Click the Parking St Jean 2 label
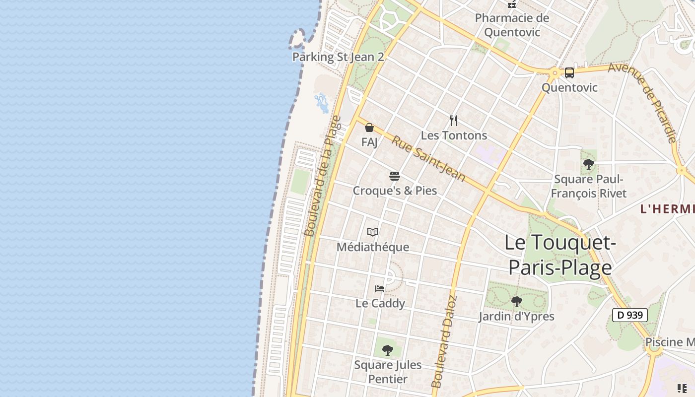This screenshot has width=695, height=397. [338, 57]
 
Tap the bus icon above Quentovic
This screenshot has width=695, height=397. [569, 73]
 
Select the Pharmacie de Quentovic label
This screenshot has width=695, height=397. [512, 25]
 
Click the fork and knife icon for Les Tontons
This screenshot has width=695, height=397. [454, 121]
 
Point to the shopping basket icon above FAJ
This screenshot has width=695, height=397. [369, 128]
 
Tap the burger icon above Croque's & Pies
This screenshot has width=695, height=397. [395, 176]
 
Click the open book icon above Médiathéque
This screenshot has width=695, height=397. [373, 232]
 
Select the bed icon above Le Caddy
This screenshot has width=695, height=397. [380, 288]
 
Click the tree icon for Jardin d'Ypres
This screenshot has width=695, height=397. [516, 301]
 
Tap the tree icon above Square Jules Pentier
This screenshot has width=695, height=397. [388, 350]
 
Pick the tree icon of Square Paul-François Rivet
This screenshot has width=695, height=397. [589, 164]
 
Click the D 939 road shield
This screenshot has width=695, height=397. [629, 315]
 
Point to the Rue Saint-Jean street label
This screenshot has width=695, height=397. [428, 158]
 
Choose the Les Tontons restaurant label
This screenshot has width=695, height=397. [454, 135]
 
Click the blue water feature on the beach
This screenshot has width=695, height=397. [322, 102]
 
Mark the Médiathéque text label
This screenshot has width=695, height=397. [373, 247]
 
